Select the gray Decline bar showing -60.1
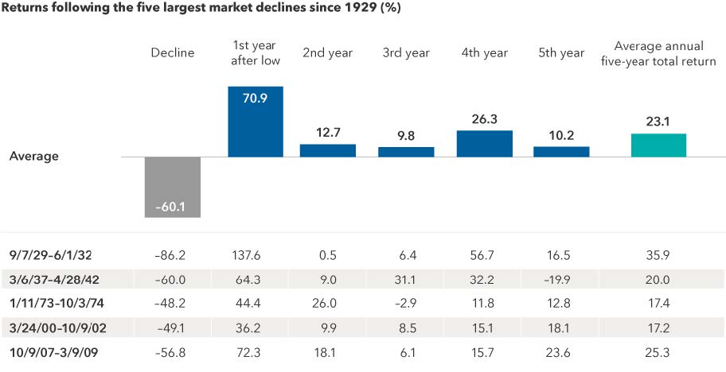pos(173,187)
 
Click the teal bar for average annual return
pos(658,145)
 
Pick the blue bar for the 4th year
pos(484,143)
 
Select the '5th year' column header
pos(561,53)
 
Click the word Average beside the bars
pos(33,157)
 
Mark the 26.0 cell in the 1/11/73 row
pos(328,302)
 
